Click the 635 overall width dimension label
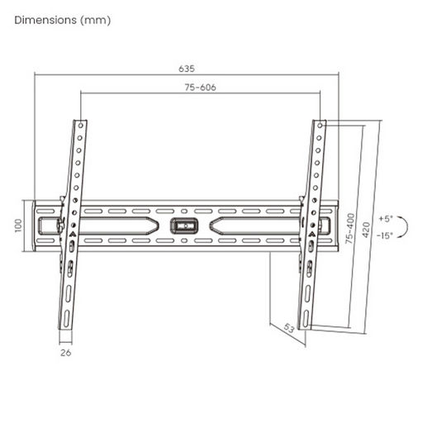(187, 69)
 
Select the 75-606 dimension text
(200, 88)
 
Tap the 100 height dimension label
(18, 226)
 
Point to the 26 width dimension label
(65, 353)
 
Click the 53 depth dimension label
(289, 328)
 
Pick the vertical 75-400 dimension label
(350, 228)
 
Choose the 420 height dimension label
(366, 230)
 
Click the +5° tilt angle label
(385, 219)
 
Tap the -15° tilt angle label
(384, 235)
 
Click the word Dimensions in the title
(45, 20)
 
